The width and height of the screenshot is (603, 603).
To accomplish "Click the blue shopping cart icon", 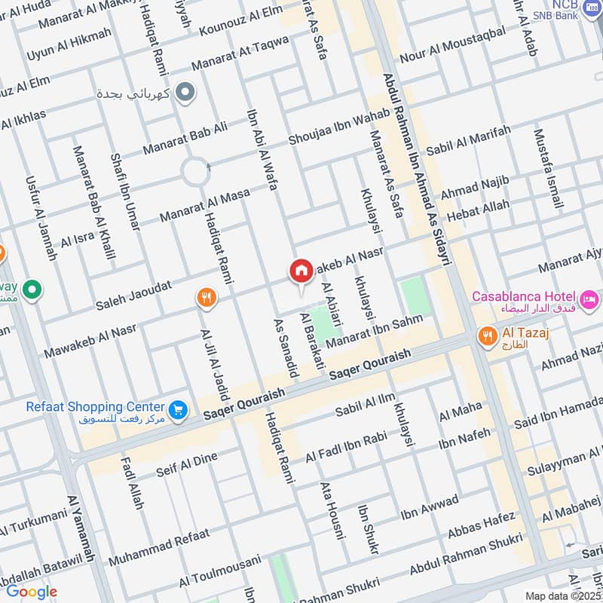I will pyautogui.click(x=179, y=409).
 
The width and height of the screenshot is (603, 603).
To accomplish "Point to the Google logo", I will pyautogui.click(x=32, y=591).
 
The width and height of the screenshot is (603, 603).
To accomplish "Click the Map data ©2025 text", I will pyautogui.click(x=562, y=595).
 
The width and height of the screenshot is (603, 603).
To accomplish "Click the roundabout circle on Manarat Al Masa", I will pyautogui.click(x=194, y=173).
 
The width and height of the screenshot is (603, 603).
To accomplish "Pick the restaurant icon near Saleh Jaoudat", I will pyautogui.click(x=205, y=298).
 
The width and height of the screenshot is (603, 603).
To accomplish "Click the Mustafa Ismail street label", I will pyautogui.click(x=548, y=170).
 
